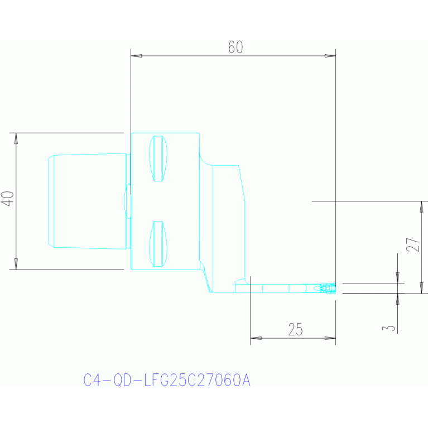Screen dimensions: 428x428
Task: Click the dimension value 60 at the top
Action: (235, 47)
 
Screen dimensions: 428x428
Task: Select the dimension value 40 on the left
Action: (8, 199)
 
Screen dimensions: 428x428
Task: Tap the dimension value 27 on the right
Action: (413, 244)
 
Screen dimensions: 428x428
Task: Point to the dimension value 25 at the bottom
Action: (296, 329)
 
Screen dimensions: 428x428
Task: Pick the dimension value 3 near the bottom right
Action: (389, 328)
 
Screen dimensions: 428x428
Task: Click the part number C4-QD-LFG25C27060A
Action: (167, 380)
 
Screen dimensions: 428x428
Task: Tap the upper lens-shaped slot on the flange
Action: (158, 158)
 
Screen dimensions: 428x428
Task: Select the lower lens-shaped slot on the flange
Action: (158, 244)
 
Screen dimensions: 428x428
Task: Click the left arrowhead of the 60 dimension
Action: (136, 56)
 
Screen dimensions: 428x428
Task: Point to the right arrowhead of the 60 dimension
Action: (330, 56)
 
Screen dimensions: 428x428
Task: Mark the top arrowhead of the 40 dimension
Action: (16, 138)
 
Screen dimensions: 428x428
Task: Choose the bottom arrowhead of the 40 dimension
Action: (16, 264)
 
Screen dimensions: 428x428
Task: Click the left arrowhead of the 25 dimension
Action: (256, 338)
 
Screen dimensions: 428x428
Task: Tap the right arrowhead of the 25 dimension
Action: (330, 338)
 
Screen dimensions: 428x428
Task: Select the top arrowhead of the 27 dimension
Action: (422, 206)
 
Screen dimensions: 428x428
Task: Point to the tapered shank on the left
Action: (88, 201)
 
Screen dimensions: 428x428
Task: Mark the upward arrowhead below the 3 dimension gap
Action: (397, 299)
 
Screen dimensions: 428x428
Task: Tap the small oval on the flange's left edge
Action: (127, 201)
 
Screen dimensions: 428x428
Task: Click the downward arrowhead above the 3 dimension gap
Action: (397, 277)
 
